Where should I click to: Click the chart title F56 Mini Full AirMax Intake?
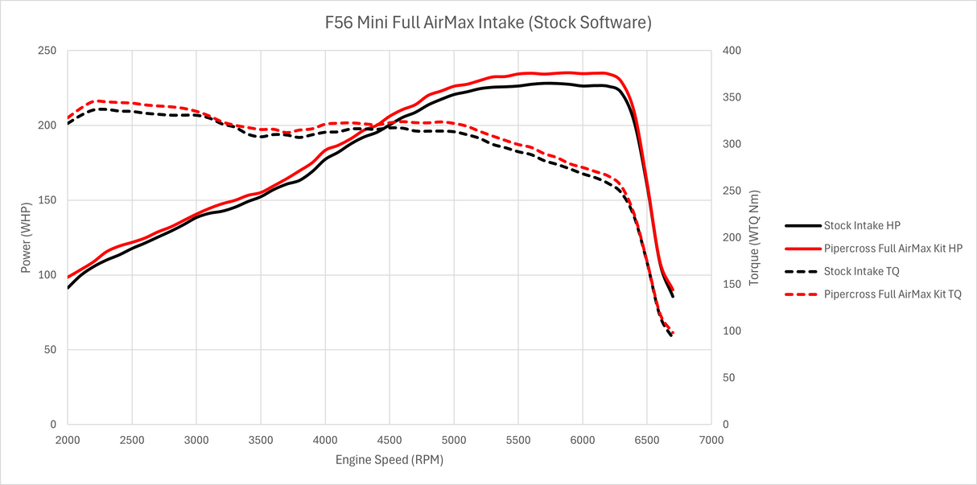tap(488, 23)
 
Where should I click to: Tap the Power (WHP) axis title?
tap(26, 237)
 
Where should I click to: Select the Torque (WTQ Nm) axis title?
tap(753, 238)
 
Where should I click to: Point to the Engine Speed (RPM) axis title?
tap(390, 460)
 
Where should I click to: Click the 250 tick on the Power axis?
tap(47, 51)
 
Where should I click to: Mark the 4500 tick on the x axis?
tap(390, 439)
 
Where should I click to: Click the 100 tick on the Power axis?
tap(47, 275)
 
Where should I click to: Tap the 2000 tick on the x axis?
tap(68, 439)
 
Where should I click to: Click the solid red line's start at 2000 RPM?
tap(68, 277)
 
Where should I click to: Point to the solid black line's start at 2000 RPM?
tap(68, 288)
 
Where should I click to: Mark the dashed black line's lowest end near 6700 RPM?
tap(671, 335)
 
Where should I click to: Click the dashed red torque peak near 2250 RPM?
tap(100, 101)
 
